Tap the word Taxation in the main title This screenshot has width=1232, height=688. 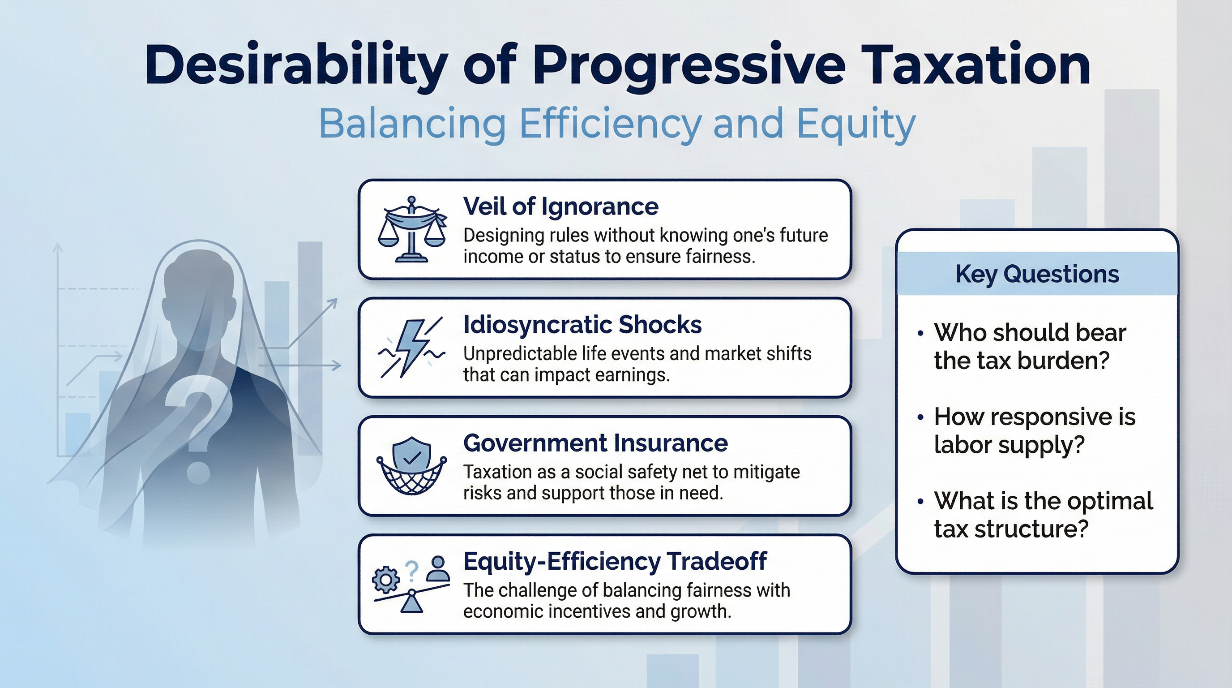point(978,65)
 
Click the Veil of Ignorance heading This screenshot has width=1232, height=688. point(560,206)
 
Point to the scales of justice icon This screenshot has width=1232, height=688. point(412,229)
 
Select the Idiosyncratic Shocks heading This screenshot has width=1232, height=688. point(582,325)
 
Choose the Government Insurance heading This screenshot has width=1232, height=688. point(595,443)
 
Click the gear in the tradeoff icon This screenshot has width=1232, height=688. point(386,580)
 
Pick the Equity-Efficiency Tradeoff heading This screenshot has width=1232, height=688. point(615,561)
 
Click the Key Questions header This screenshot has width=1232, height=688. point(1037,274)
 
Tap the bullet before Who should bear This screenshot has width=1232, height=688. point(920,334)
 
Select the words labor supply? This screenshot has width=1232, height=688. point(1009,445)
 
